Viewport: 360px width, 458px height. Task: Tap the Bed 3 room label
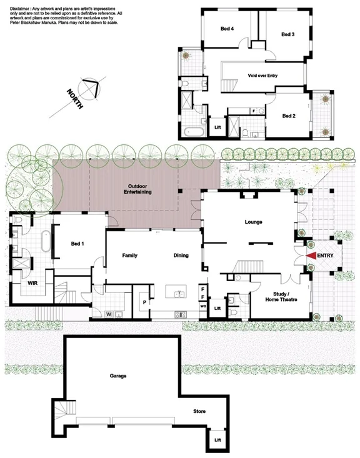click(287, 34)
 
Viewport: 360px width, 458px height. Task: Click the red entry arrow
click(311, 256)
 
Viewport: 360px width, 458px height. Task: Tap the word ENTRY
click(326, 256)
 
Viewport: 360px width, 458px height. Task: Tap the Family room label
click(129, 255)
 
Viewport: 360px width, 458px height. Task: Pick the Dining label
click(181, 255)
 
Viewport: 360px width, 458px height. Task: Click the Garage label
click(119, 376)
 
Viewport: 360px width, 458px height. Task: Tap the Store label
click(199, 412)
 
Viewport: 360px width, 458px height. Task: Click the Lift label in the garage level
click(217, 439)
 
